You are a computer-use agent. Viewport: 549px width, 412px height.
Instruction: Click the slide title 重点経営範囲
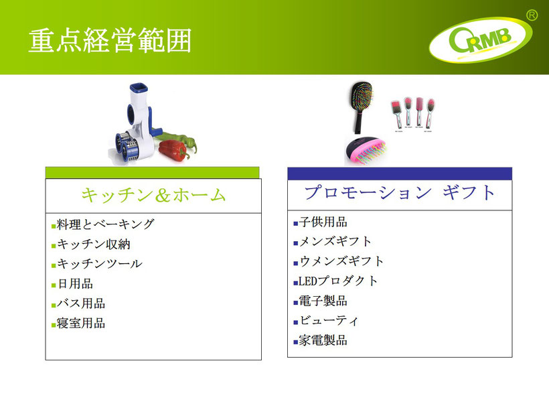pyautogui.click(x=110, y=41)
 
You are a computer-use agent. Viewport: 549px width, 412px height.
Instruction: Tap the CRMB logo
pyautogui.click(x=481, y=40)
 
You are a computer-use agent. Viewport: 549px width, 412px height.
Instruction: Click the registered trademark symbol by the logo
pyautogui.click(x=532, y=15)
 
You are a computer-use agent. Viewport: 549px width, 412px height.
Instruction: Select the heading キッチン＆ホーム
pyautogui.click(x=153, y=195)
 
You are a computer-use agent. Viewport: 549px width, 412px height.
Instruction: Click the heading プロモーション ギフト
pyautogui.click(x=400, y=192)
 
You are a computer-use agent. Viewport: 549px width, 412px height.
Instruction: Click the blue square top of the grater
pyautogui.click(x=139, y=90)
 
